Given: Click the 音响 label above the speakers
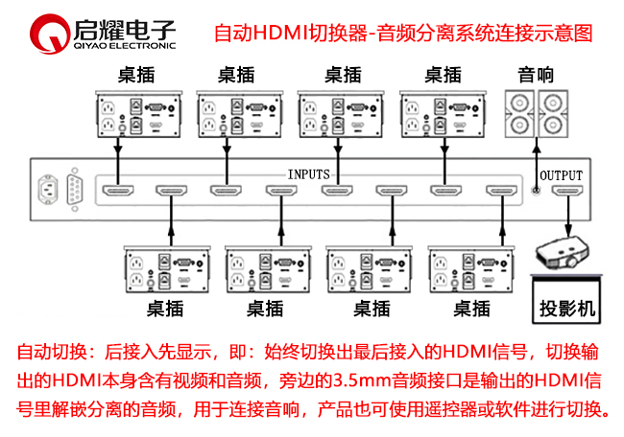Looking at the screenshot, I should [x=536, y=75].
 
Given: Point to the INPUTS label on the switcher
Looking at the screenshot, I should [x=309, y=174].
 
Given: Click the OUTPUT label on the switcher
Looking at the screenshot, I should [x=562, y=175].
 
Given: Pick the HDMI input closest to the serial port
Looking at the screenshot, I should [x=117, y=190].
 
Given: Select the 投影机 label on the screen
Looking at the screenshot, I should [x=566, y=309].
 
